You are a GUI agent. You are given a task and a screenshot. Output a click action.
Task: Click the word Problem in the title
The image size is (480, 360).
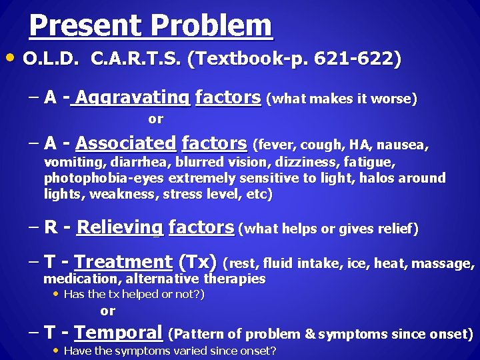click(212, 26)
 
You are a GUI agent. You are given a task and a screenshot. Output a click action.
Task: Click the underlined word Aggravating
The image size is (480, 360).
click(133, 99)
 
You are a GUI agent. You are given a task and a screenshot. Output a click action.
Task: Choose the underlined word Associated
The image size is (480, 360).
click(125, 143)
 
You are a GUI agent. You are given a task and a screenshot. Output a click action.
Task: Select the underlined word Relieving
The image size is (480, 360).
click(119, 228)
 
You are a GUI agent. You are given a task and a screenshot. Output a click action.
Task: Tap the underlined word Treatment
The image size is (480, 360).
click(123, 263)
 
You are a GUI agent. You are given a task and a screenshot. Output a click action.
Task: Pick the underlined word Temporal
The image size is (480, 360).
click(119, 332)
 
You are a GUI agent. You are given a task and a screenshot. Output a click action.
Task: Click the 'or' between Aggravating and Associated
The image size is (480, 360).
click(155, 119)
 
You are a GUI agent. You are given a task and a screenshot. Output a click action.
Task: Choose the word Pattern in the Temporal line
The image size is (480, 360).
click(200, 333)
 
